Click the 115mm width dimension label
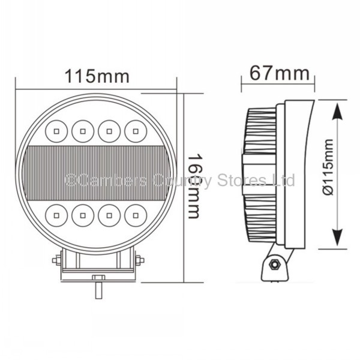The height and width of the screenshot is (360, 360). [x=97, y=76]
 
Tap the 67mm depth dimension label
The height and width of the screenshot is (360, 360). [x=280, y=74]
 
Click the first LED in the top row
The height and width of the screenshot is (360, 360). [x=56, y=128]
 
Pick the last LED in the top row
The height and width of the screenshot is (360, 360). [x=136, y=128]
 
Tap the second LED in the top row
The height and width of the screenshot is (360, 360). [x=82, y=128]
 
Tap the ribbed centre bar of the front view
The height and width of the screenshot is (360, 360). [x=96, y=170]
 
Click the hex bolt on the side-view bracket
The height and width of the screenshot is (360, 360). [x=275, y=263]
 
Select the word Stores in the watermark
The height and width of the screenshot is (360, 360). [x=236, y=179]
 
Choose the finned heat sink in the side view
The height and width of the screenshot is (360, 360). [x=259, y=174]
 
